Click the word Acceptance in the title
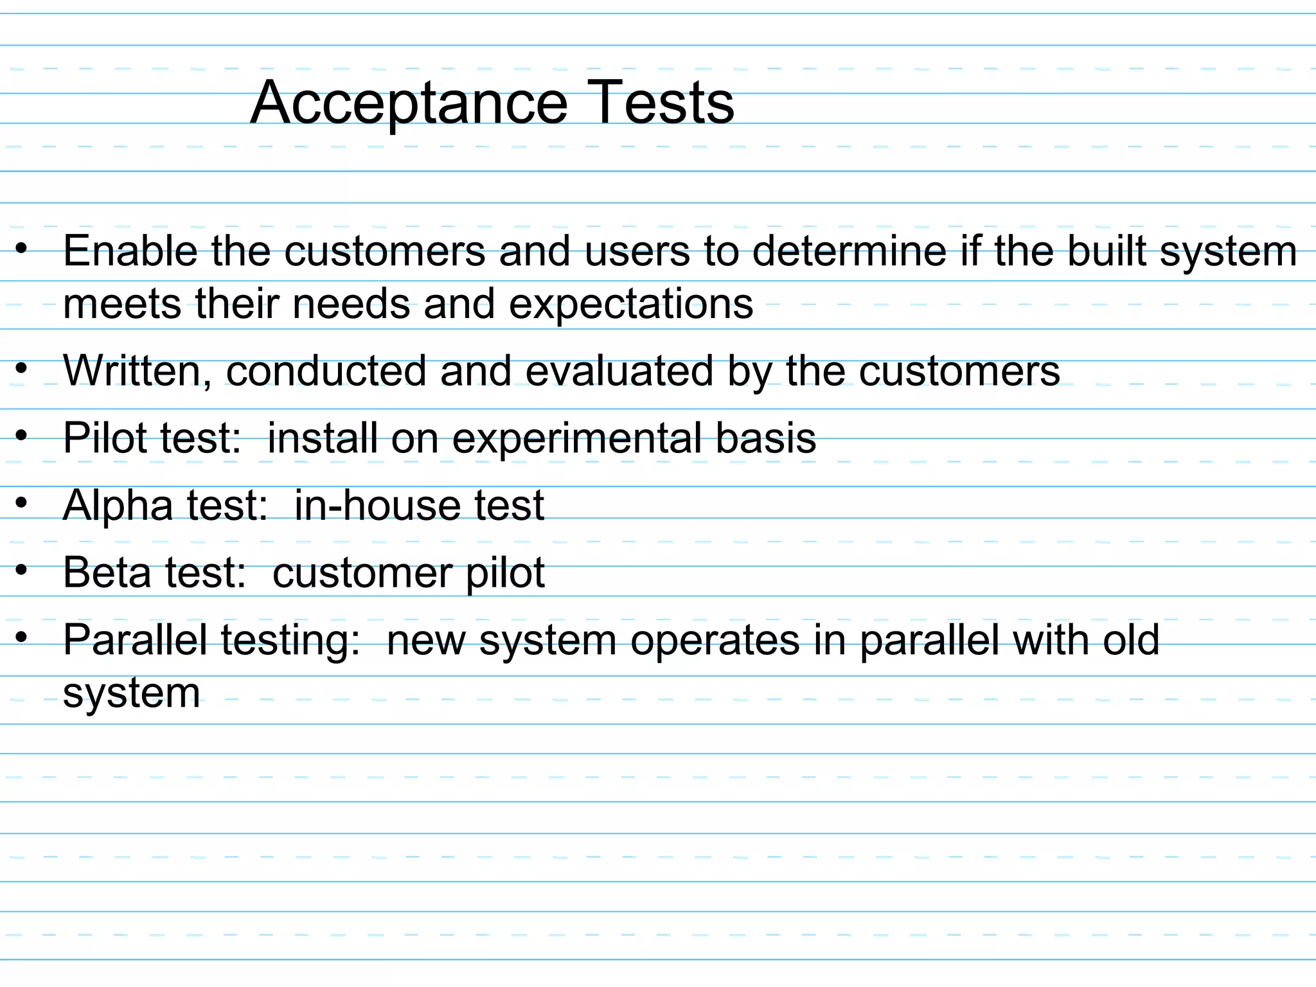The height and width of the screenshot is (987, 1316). [409, 103]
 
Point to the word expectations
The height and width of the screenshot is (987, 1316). [631, 304]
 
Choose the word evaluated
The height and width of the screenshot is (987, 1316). [619, 371]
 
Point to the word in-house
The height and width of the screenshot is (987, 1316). [377, 506]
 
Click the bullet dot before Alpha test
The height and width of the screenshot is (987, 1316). [22, 504]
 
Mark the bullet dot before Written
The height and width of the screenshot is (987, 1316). [22, 369]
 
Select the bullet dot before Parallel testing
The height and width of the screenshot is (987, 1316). [22, 637]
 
